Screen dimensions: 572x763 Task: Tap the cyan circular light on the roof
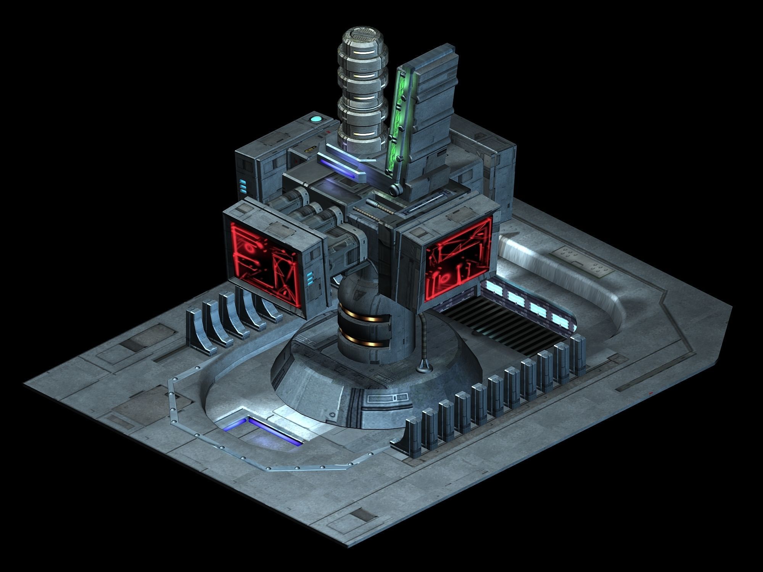tap(316, 119)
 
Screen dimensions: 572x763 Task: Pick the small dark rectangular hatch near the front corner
tap(361, 514)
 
